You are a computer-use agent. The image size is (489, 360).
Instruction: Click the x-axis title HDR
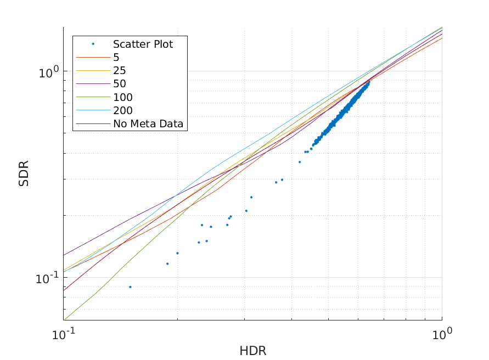[252, 351]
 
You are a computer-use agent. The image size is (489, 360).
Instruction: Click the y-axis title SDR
[24, 173]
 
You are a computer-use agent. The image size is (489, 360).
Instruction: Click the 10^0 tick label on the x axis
[442, 334]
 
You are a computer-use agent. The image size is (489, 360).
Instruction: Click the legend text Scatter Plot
[143, 44]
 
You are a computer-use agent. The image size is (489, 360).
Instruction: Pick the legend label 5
[116, 57]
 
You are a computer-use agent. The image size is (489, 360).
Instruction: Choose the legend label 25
[120, 71]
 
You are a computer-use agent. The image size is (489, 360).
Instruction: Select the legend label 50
[120, 84]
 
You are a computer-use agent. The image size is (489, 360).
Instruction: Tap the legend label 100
[123, 97]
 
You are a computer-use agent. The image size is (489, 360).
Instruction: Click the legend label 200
[123, 111]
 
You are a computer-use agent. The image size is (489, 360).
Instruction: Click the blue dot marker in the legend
[93, 44]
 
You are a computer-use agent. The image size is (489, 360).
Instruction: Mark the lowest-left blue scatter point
[130, 287]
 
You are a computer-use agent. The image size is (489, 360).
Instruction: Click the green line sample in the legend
[93, 97]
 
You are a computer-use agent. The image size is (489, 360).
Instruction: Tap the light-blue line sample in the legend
[93, 111]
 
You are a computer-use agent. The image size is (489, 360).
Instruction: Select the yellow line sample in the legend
[93, 71]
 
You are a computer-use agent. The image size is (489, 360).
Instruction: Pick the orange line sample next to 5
[93, 57]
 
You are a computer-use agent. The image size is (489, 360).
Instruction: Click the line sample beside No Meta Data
[93, 124]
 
